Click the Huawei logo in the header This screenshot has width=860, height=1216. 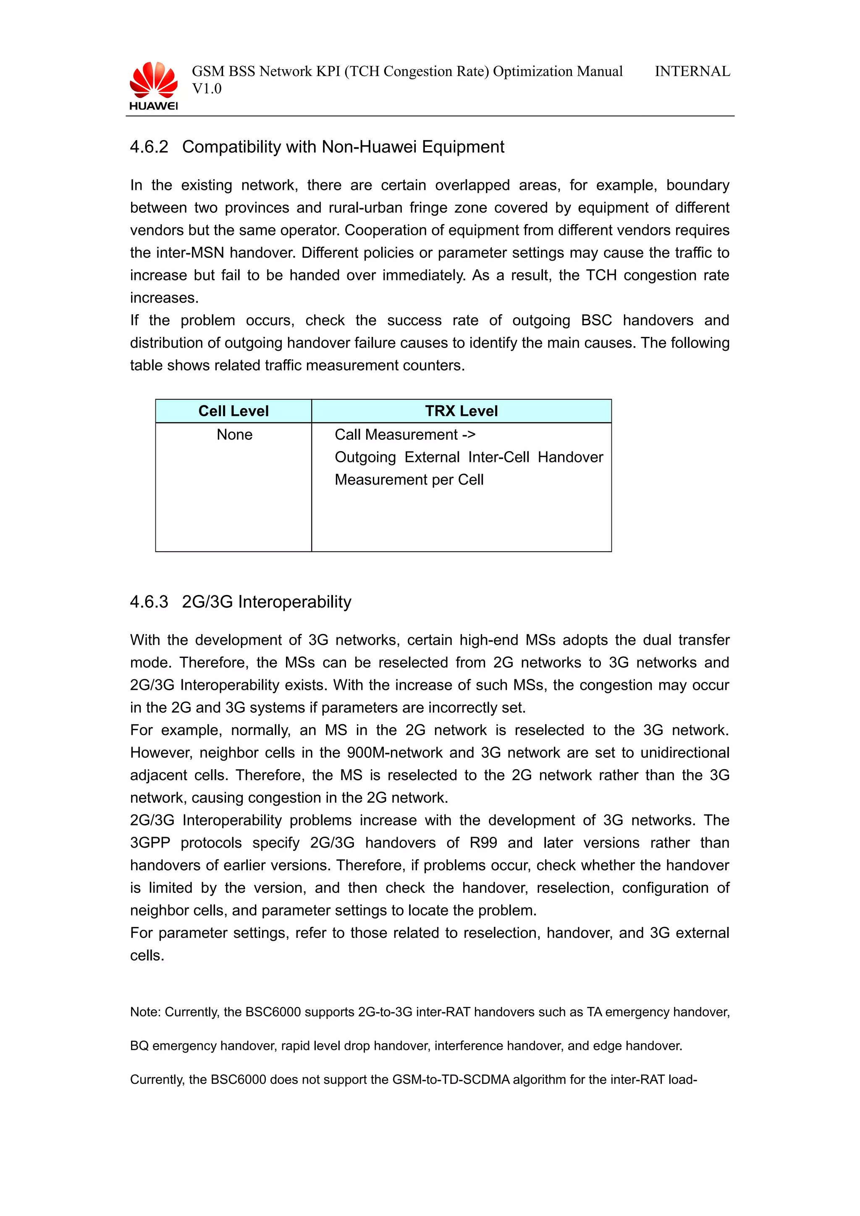click(x=154, y=86)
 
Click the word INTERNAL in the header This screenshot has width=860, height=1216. click(x=692, y=71)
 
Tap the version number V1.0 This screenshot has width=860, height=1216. click(x=207, y=89)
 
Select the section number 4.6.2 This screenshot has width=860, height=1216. click(x=149, y=147)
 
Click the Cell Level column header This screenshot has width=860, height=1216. click(x=233, y=411)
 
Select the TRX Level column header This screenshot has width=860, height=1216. click(x=461, y=411)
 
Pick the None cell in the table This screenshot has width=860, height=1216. click(x=234, y=435)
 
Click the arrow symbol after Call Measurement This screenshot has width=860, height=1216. click(x=468, y=435)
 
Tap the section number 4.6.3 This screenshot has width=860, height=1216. click(x=149, y=602)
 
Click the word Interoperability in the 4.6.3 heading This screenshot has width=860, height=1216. click(x=295, y=602)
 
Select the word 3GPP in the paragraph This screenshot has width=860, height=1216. click(x=150, y=843)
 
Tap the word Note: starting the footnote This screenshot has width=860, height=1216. click(x=145, y=1012)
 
